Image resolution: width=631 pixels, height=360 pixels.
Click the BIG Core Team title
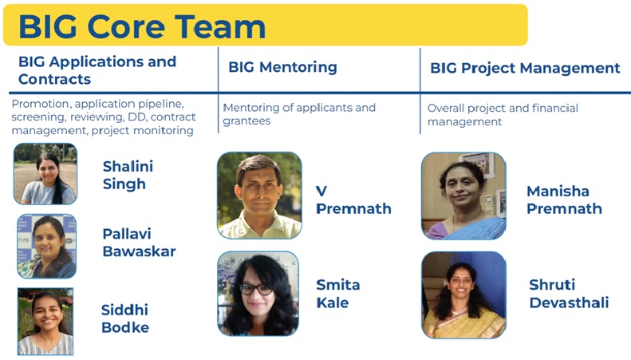142,26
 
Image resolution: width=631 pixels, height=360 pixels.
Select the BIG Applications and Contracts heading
97,70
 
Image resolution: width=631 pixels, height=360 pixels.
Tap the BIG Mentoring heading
282,67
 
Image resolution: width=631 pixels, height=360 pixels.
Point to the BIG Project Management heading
525,68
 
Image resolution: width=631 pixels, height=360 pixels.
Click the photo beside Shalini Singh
45,173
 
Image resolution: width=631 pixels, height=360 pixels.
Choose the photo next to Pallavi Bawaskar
47,246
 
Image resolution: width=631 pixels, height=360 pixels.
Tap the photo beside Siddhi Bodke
45,322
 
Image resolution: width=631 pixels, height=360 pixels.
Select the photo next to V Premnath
259,196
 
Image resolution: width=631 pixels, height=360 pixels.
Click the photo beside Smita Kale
258,294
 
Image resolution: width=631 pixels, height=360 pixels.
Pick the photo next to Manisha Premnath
463,196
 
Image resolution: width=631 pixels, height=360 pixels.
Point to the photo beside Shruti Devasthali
463,295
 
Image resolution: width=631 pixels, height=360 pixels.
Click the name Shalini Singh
128,175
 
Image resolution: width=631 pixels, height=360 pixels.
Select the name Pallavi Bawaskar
140,243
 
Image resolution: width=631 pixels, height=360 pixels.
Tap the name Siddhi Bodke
125,318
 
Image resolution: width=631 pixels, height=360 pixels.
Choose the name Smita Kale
338,294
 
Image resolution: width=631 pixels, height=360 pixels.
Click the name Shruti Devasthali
569,294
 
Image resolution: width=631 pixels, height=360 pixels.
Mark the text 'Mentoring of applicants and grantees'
299,114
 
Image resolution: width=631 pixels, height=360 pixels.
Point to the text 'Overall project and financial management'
503,115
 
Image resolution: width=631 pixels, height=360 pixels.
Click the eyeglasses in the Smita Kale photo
257,289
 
